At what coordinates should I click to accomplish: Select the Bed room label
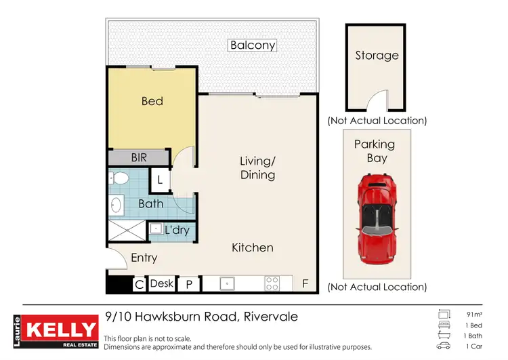152,101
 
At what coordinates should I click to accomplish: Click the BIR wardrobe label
139,157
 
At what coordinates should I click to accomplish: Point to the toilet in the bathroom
120,178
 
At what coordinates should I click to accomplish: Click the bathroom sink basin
115,203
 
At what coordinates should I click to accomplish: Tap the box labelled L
159,180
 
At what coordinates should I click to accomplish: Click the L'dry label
177,231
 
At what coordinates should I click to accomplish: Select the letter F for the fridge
305,284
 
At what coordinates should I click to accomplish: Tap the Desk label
161,283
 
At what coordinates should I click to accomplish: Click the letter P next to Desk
189,284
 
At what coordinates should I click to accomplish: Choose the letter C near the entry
138,284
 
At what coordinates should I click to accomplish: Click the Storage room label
377,56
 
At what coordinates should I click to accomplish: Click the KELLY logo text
60,329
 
